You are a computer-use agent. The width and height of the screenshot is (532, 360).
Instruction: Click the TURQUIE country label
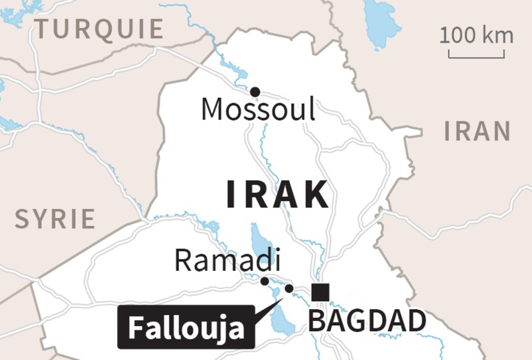click(99, 29)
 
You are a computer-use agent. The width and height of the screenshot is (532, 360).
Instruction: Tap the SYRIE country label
click(56, 219)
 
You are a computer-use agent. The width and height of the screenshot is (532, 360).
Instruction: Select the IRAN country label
click(477, 131)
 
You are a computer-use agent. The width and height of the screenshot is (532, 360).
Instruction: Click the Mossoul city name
click(258, 110)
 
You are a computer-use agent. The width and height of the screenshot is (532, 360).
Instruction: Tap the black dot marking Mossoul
click(255, 91)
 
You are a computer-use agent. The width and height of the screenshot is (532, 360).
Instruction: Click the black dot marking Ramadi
click(265, 280)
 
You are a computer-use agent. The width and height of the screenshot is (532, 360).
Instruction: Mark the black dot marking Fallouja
click(289, 289)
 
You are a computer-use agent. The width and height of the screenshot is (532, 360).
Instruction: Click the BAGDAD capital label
click(366, 322)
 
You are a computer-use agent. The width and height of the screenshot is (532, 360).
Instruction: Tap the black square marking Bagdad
click(320, 292)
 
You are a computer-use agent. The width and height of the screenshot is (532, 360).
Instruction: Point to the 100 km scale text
click(476, 34)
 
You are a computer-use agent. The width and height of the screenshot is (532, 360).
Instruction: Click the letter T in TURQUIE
click(44, 29)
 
